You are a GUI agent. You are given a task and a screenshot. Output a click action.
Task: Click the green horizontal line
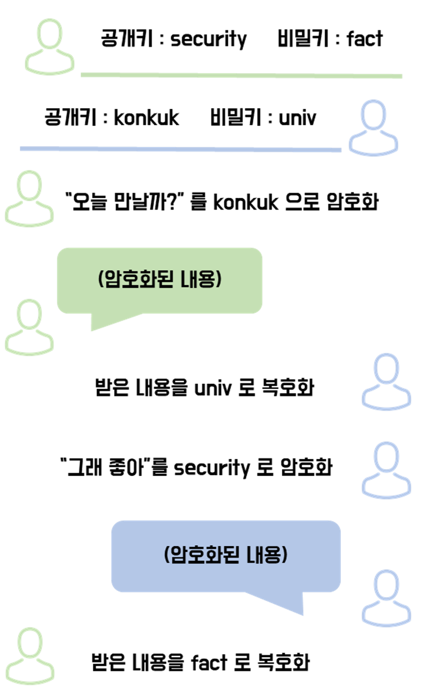(x=241, y=75)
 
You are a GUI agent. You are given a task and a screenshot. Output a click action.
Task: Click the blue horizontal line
(x=180, y=149)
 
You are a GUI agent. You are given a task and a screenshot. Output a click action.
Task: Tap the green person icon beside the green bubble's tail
(x=30, y=327)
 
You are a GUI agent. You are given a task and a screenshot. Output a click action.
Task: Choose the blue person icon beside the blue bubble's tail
(x=386, y=598)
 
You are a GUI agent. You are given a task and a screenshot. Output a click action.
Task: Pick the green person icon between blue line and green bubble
(x=30, y=198)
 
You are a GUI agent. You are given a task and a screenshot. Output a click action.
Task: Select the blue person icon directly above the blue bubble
(x=386, y=470)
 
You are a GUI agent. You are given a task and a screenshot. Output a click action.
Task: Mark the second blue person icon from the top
(x=386, y=381)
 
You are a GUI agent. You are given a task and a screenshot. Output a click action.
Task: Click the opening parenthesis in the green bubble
(x=101, y=279)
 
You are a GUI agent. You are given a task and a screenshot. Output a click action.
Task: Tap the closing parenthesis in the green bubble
(x=219, y=279)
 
